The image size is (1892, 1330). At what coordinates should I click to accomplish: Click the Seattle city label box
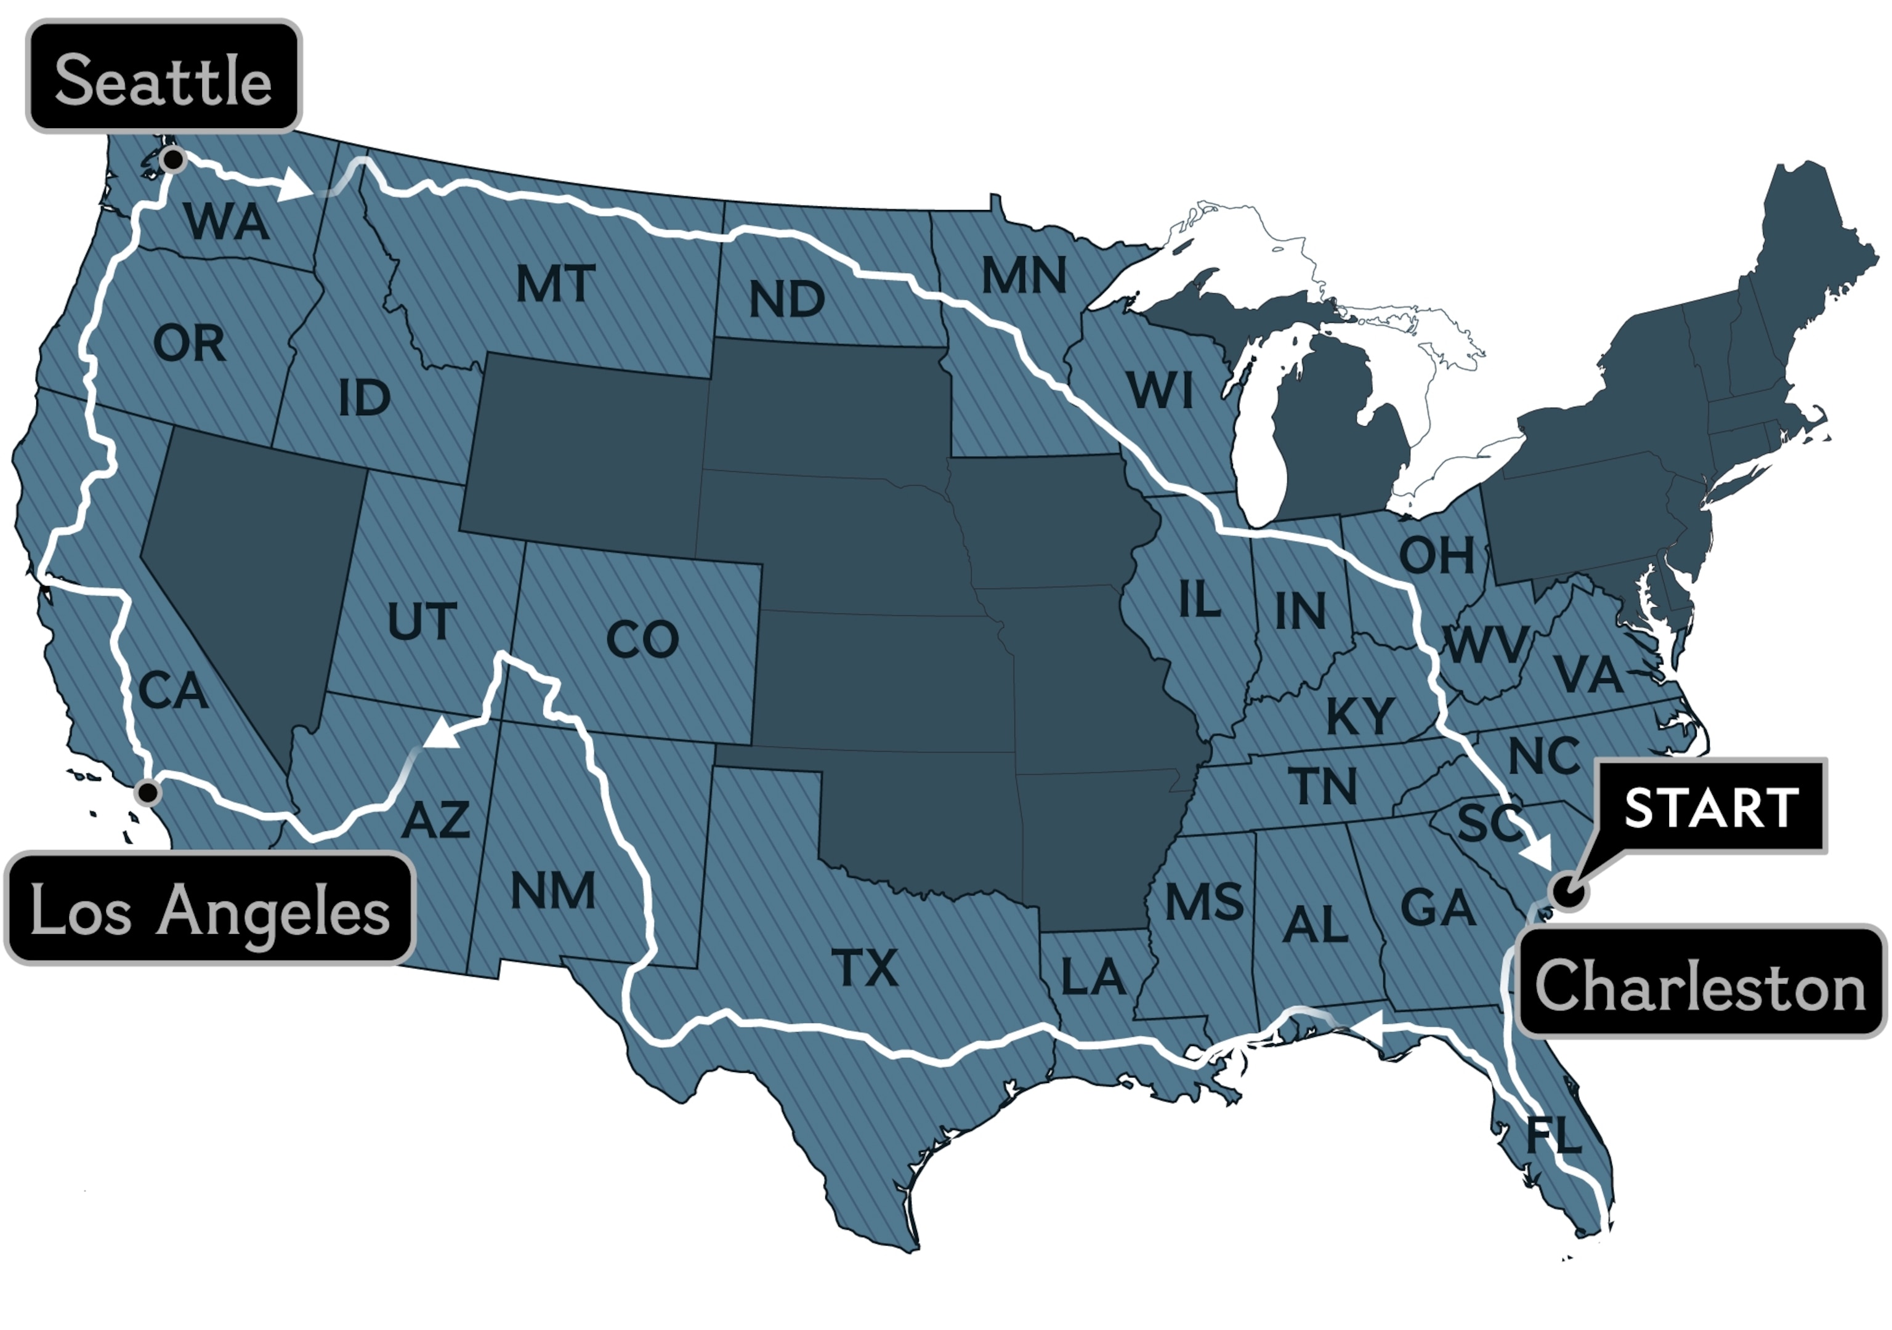(x=163, y=76)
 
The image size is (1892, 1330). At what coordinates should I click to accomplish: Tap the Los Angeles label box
(x=209, y=908)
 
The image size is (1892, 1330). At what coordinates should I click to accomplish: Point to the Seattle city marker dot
(x=173, y=159)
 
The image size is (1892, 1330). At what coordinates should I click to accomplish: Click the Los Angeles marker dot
(x=147, y=792)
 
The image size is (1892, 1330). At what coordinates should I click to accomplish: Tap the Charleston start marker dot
(x=1567, y=891)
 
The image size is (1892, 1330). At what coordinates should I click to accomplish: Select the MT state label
(x=556, y=283)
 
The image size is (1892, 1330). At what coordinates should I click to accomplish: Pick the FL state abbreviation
(x=1553, y=1135)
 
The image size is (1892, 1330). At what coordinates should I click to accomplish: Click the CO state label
(x=642, y=640)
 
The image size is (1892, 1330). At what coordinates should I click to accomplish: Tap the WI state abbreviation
(x=1160, y=390)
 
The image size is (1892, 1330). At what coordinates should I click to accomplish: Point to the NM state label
(x=553, y=891)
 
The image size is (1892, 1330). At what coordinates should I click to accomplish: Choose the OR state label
(x=188, y=343)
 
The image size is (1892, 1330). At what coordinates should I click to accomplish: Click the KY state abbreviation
(x=1360, y=715)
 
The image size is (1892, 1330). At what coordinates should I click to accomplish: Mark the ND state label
(x=786, y=299)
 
